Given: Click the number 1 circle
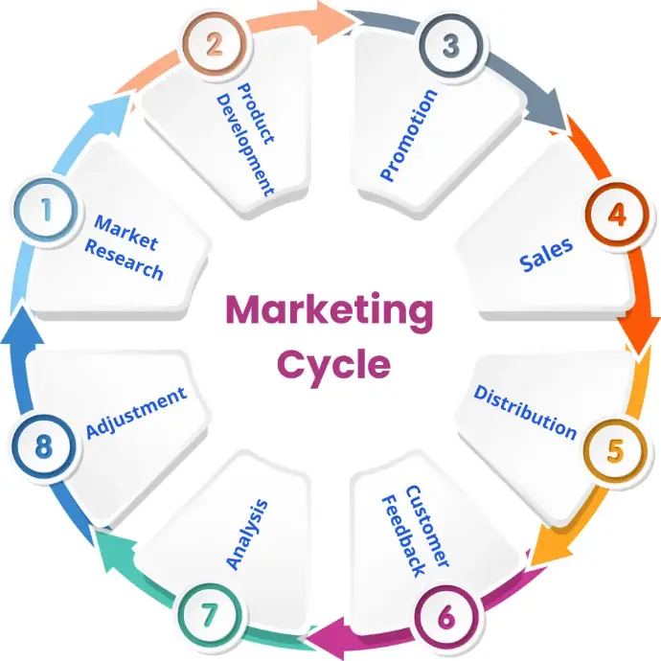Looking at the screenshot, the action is pyautogui.click(x=46, y=210).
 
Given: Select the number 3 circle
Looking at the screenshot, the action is pyautogui.click(x=451, y=45).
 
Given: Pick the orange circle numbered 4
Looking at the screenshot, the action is pyautogui.click(x=617, y=215).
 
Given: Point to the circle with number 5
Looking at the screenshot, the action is pyautogui.click(x=615, y=450).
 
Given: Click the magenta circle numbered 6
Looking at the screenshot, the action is pyautogui.click(x=446, y=617).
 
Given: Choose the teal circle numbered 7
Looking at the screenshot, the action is pyautogui.click(x=210, y=615).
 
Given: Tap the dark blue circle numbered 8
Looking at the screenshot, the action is pyautogui.click(x=44, y=446).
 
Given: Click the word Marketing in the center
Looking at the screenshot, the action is pyautogui.click(x=330, y=311).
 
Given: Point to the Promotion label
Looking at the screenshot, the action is pyautogui.click(x=408, y=135).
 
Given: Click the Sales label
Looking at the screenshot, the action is pyautogui.click(x=546, y=254).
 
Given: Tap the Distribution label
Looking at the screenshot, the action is pyautogui.click(x=525, y=412).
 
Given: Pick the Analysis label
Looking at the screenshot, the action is pyautogui.click(x=247, y=535).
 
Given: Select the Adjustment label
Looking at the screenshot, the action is pyautogui.click(x=136, y=413).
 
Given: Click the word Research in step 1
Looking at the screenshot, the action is pyautogui.click(x=124, y=261).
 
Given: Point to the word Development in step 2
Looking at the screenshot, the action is pyautogui.click(x=244, y=145).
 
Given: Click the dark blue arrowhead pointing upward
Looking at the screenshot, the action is pyautogui.click(x=22, y=327).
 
